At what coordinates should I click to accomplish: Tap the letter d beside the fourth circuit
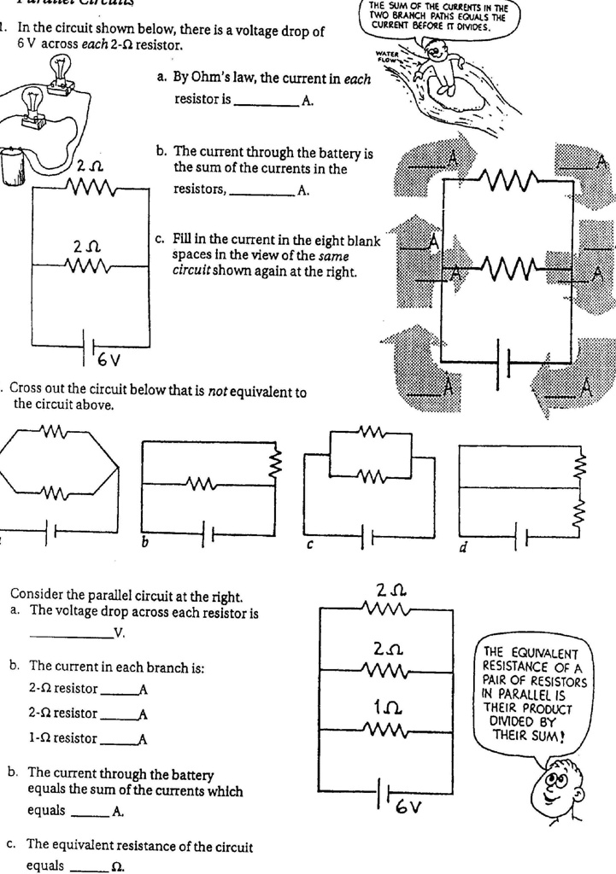pos(462,546)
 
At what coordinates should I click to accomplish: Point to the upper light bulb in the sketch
pos(61,68)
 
